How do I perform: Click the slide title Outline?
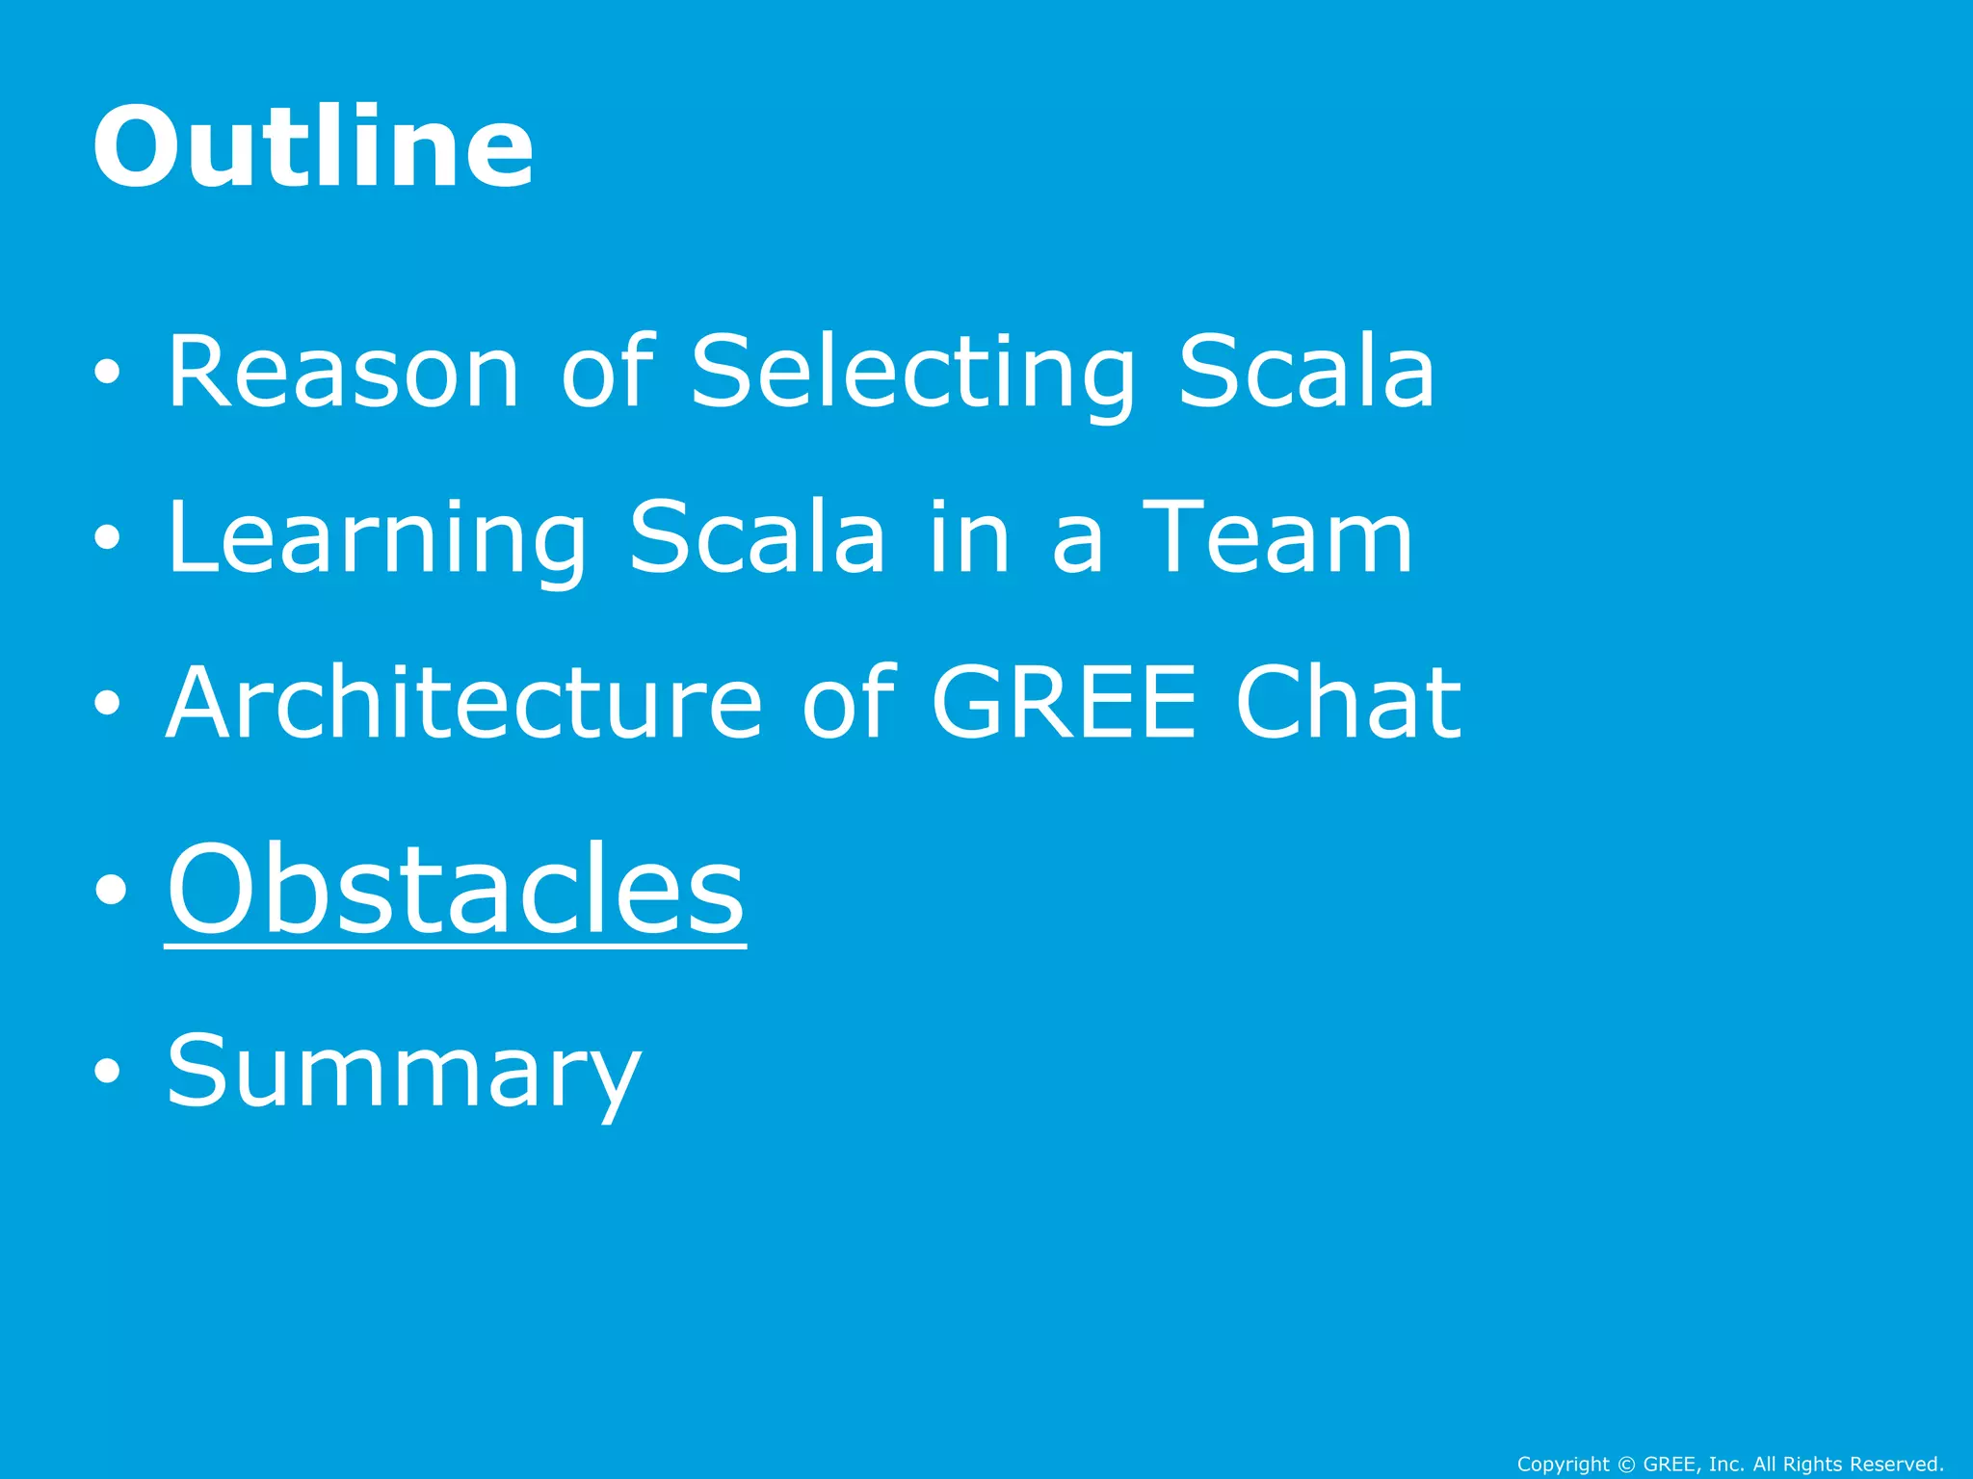tap(313, 147)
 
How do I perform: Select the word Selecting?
tap(914, 374)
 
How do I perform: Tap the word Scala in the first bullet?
tap(1307, 372)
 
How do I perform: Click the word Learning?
tap(377, 539)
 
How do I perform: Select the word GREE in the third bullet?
tap(1065, 703)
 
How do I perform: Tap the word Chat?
tap(1348, 703)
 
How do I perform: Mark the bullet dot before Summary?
tap(108, 1071)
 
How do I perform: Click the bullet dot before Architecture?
tap(108, 703)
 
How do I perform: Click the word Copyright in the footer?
tap(1563, 1465)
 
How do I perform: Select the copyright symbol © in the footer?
tap(1626, 1465)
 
